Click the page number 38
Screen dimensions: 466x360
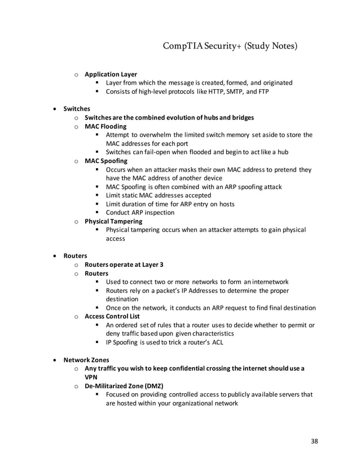pyautogui.click(x=314, y=441)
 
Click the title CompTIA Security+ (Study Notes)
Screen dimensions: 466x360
pyautogui.click(x=230, y=45)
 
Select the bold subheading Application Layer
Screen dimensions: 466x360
pyautogui.click(x=111, y=74)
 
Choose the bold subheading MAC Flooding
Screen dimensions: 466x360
pyautogui.click(x=106, y=126)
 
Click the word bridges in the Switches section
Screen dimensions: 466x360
pyautogui.click(x=241, y=117)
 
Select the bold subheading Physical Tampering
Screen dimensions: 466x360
pyautogui.click(x=113, y=221)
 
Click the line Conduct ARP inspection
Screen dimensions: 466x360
pyautogui.click(x=140, y=213)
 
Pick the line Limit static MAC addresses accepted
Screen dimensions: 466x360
pyautogui.click(x=159, y=195)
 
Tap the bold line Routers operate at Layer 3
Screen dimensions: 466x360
pyautogui.click(x=124, y=265)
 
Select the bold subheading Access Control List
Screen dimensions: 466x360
pyautogui.click(x=113, y=316)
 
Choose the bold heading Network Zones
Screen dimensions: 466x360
pyautogui.click(x=86, y=359)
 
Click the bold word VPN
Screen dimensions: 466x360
pyautogui.click(x=91, y=377)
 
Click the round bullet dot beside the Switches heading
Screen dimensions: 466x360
pyautogui.click(x=54, y=109)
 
